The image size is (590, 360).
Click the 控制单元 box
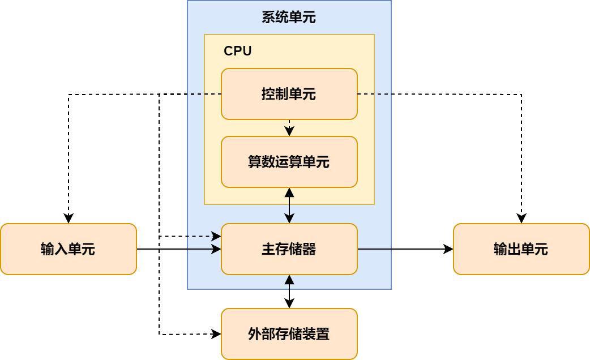[x=289, y=94]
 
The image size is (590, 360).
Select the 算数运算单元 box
[x=289, y=162]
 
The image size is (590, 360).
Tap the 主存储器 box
[x=289, y=249]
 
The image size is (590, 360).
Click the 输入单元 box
[x=68, y=249]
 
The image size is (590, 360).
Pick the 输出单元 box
[x=521, y=249]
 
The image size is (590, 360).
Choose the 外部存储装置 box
[x=289, y=334]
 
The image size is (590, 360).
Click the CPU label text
[x=238, y=51]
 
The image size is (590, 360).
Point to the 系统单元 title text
[x=289, y=18]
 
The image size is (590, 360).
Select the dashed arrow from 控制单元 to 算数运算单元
[x=289, y=128]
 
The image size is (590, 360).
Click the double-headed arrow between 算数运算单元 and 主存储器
[x=289, y=205]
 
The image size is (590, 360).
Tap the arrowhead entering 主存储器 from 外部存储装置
[x=289, y=279]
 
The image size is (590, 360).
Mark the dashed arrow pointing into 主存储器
[x=204, y=235]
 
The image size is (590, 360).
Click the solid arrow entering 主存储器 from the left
[x=204, y=249]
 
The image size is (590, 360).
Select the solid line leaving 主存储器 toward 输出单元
[x=374, y=249]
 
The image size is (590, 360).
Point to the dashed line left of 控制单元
[x=204, y=94]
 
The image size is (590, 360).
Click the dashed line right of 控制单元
[x=374, y=94]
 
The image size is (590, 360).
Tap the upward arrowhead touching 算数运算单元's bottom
[x=289, y=192]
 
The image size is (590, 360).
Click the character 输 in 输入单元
[x=48, y=249]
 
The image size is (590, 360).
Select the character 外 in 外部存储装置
[x=255, y=334]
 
